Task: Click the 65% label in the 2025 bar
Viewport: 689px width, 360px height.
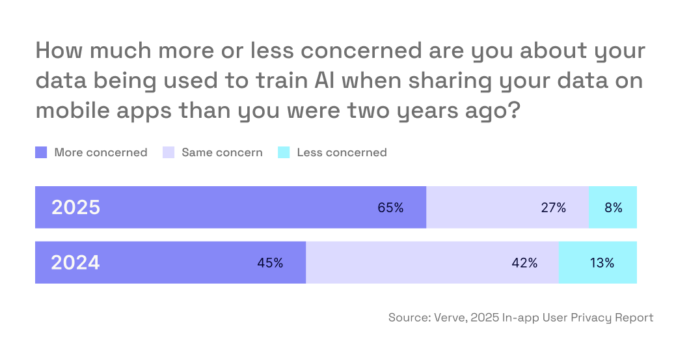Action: (390, 208)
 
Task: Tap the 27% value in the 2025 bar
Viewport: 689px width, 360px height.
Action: (553, 208)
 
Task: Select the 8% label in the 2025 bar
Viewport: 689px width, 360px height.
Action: (613, 208)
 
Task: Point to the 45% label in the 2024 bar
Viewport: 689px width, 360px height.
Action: (270, 263)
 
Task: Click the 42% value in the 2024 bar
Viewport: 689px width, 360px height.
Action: (524, 263)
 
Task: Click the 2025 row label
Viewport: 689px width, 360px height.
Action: (75, 208)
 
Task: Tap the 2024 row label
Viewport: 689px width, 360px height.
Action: (75, 263)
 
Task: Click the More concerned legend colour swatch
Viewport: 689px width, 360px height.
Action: (41, 153)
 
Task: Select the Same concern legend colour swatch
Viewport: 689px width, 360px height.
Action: (168, 153)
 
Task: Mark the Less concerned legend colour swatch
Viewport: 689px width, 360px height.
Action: (284, 153)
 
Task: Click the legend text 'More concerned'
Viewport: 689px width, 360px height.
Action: (101, 153)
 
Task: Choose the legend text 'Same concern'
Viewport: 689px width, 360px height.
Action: (222, 153)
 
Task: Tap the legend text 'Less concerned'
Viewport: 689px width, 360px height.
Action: (342, 153)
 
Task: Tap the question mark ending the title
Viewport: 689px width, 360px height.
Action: (512, 110)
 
